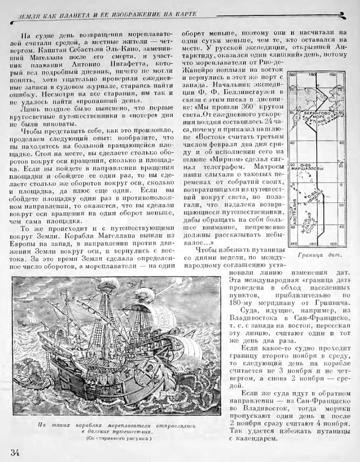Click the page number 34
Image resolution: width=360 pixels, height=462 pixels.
(15, 452)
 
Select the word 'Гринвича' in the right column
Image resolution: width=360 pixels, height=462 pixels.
(327, 305)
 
